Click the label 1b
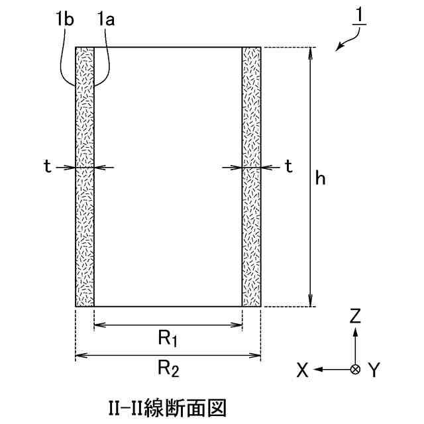65,20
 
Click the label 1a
105,20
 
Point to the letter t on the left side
47,167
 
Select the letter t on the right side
288,167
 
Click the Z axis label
356,317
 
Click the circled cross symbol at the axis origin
356,368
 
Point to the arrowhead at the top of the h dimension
309,52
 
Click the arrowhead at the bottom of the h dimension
309,302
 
